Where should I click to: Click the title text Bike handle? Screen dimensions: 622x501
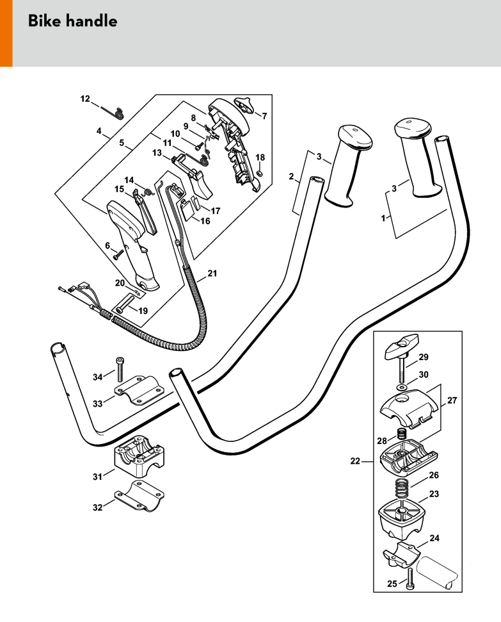pyautogui.click(x=72, y=21)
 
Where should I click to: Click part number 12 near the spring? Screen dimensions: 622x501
pyautogui.click(x=85, y=99)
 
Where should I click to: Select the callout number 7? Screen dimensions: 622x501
pyautogui.click(x=264, y=115)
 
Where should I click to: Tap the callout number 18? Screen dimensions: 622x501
pyautogui.click(x=260, y=158)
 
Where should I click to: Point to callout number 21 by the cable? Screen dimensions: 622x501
pyautogui.click(x=212, y=274)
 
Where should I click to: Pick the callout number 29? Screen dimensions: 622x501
pyautogui.click(x=424, y=357)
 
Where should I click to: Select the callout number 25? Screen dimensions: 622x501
pyautogui.click(x=392, y=584)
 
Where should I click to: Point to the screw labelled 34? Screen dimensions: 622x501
pyautogui.click(x=120, y=370)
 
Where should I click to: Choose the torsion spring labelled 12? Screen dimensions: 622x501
pyautogui.click(x=117, y=113)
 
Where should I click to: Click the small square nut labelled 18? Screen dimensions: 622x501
pyautogui.click(x=260, y=172)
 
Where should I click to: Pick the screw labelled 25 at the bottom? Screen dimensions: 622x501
pyautogui.click(x=410, y=579)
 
